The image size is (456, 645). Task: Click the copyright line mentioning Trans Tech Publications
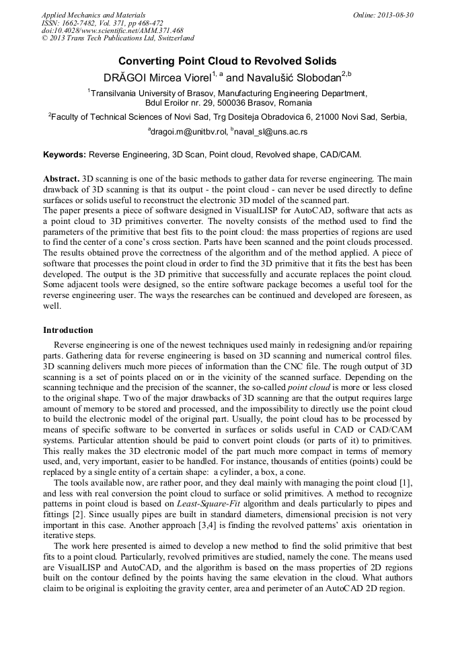tap(118, 39)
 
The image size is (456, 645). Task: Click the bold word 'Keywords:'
tap(65, 155)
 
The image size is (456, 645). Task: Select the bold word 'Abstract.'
tap(61, 180)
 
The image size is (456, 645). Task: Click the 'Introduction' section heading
tap(68, 330)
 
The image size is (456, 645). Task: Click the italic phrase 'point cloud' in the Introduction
tap(309, 388)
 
